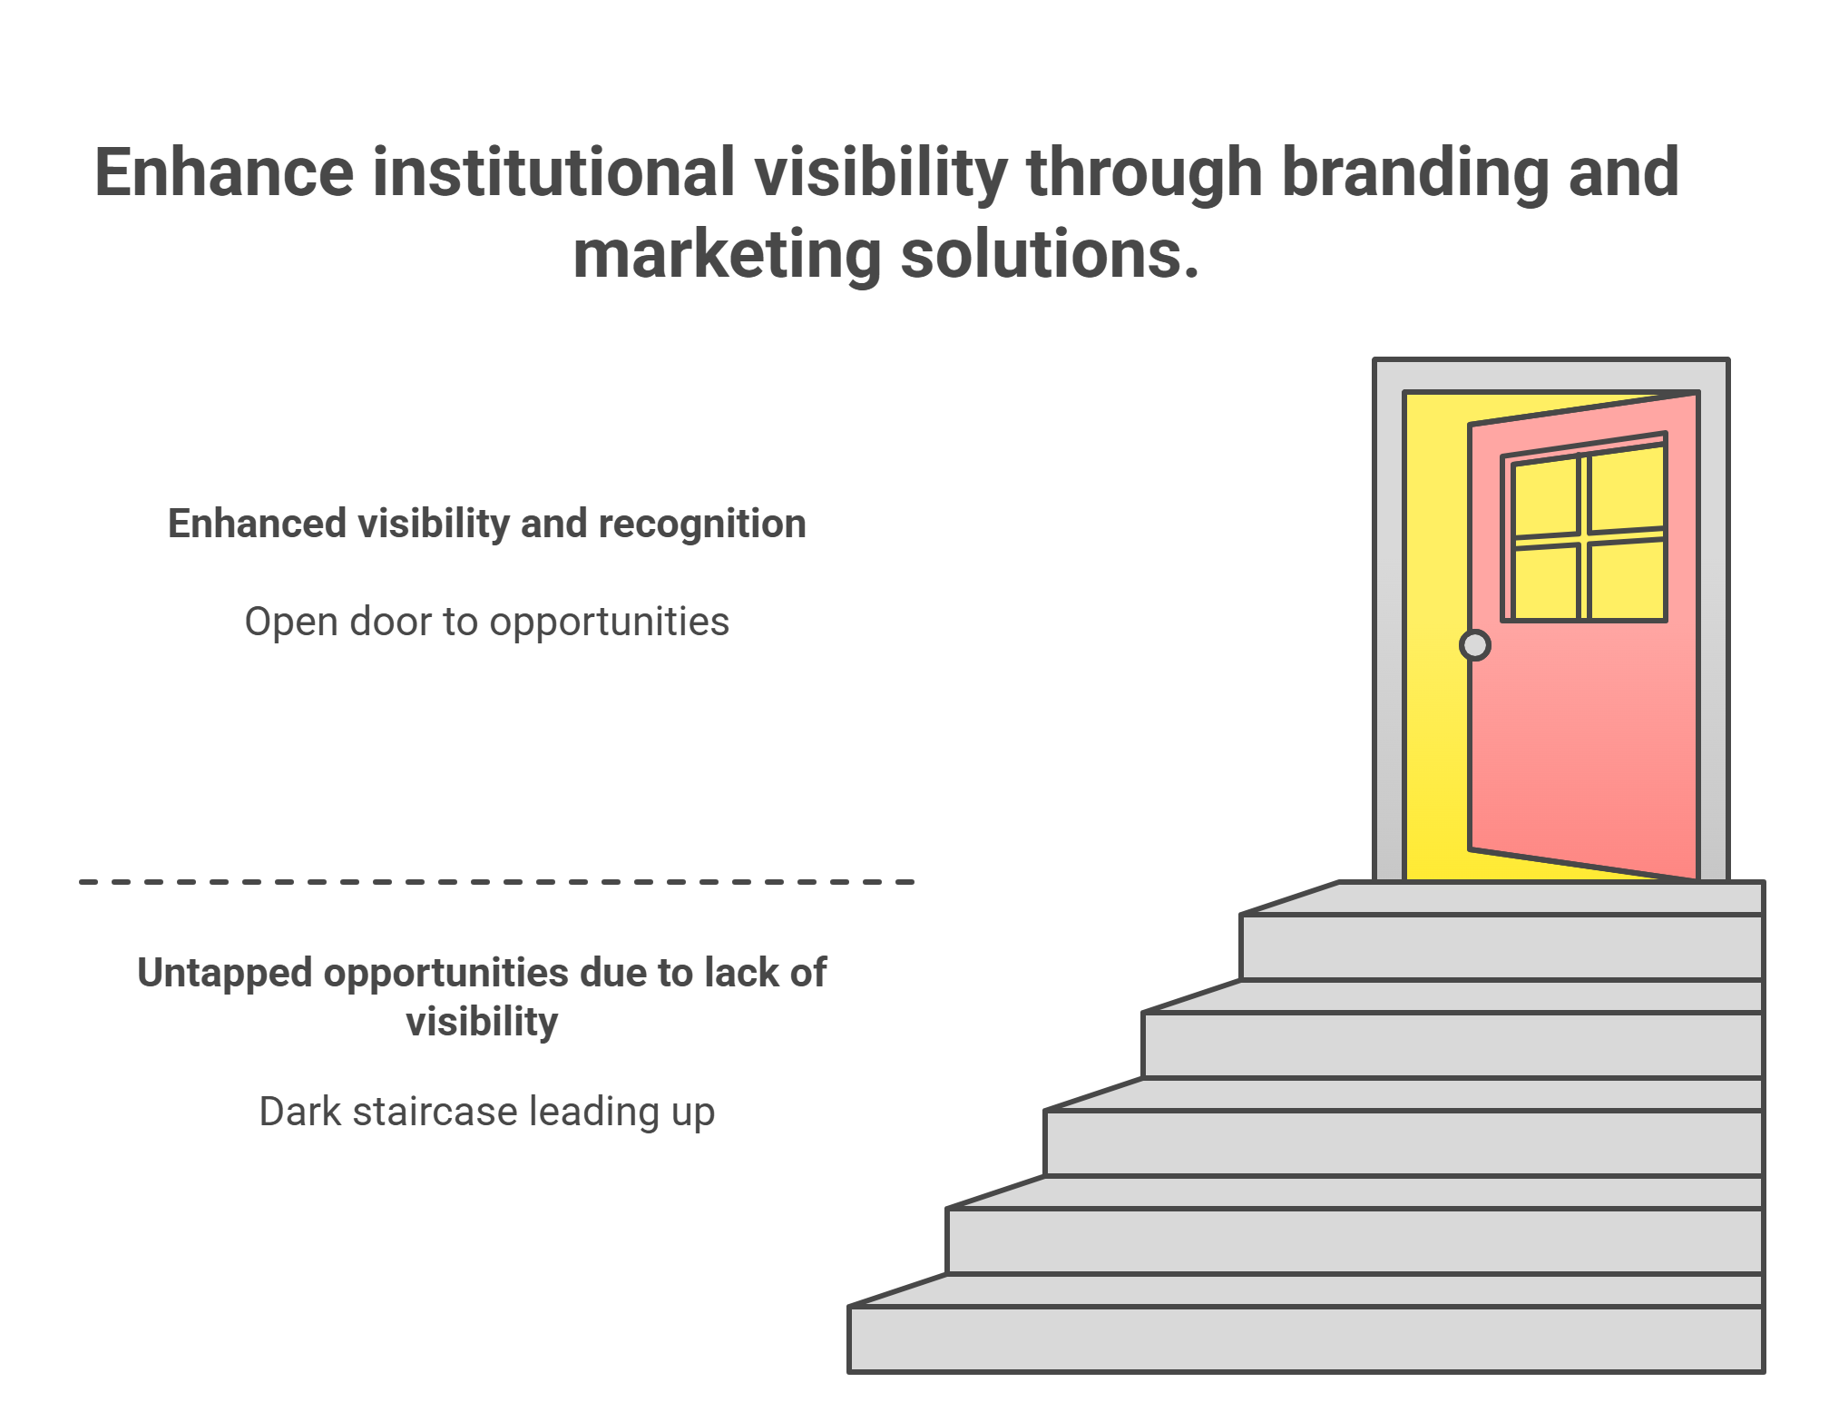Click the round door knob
[1475, 645]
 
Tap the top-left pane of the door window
[1546, 498]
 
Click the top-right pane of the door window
[1628, 488]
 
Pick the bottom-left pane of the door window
[1546, 584]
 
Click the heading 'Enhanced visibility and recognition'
[487, 524]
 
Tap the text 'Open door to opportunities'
[487, 623]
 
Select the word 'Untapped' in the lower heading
[225, 973]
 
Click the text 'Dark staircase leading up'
[487, 1112]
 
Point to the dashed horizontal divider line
[496, 881]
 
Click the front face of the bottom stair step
[1306, 1338]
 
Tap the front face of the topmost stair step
[1501, 946]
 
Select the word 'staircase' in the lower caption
[436, 1112]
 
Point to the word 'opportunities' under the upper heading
[609, 623]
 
